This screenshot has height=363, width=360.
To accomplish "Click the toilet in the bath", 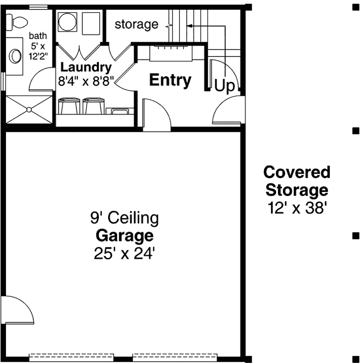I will [18, 22].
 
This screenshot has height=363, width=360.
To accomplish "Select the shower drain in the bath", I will [28, 109].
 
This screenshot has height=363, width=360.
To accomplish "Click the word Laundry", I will [85, 67].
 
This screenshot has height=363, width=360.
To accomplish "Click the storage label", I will [137, 24].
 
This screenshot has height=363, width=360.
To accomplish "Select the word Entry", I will [170, 80].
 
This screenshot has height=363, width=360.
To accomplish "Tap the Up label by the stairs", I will [224, 86].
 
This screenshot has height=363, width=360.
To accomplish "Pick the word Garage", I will [125, 235].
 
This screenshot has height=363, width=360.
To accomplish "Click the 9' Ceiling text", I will [125, 217].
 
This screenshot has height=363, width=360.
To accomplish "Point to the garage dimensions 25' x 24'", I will [125, 253].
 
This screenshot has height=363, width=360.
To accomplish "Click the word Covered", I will [297, 173].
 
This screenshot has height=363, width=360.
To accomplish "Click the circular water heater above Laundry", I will [67, 22].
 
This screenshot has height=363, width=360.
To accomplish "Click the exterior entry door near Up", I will [228, 112].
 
